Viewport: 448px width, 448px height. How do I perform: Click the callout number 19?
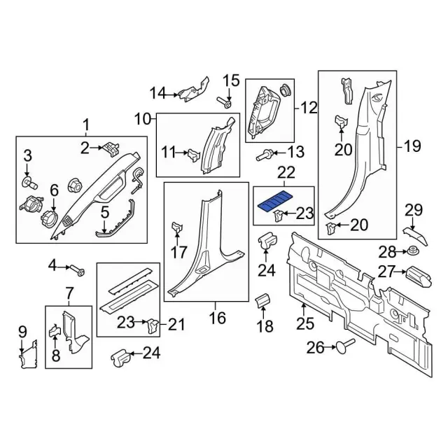413,146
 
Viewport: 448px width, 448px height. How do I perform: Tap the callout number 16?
217,318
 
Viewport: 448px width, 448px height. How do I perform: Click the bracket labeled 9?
26,353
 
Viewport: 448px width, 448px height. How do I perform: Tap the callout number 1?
86,126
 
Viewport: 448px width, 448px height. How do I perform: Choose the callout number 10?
143,119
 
